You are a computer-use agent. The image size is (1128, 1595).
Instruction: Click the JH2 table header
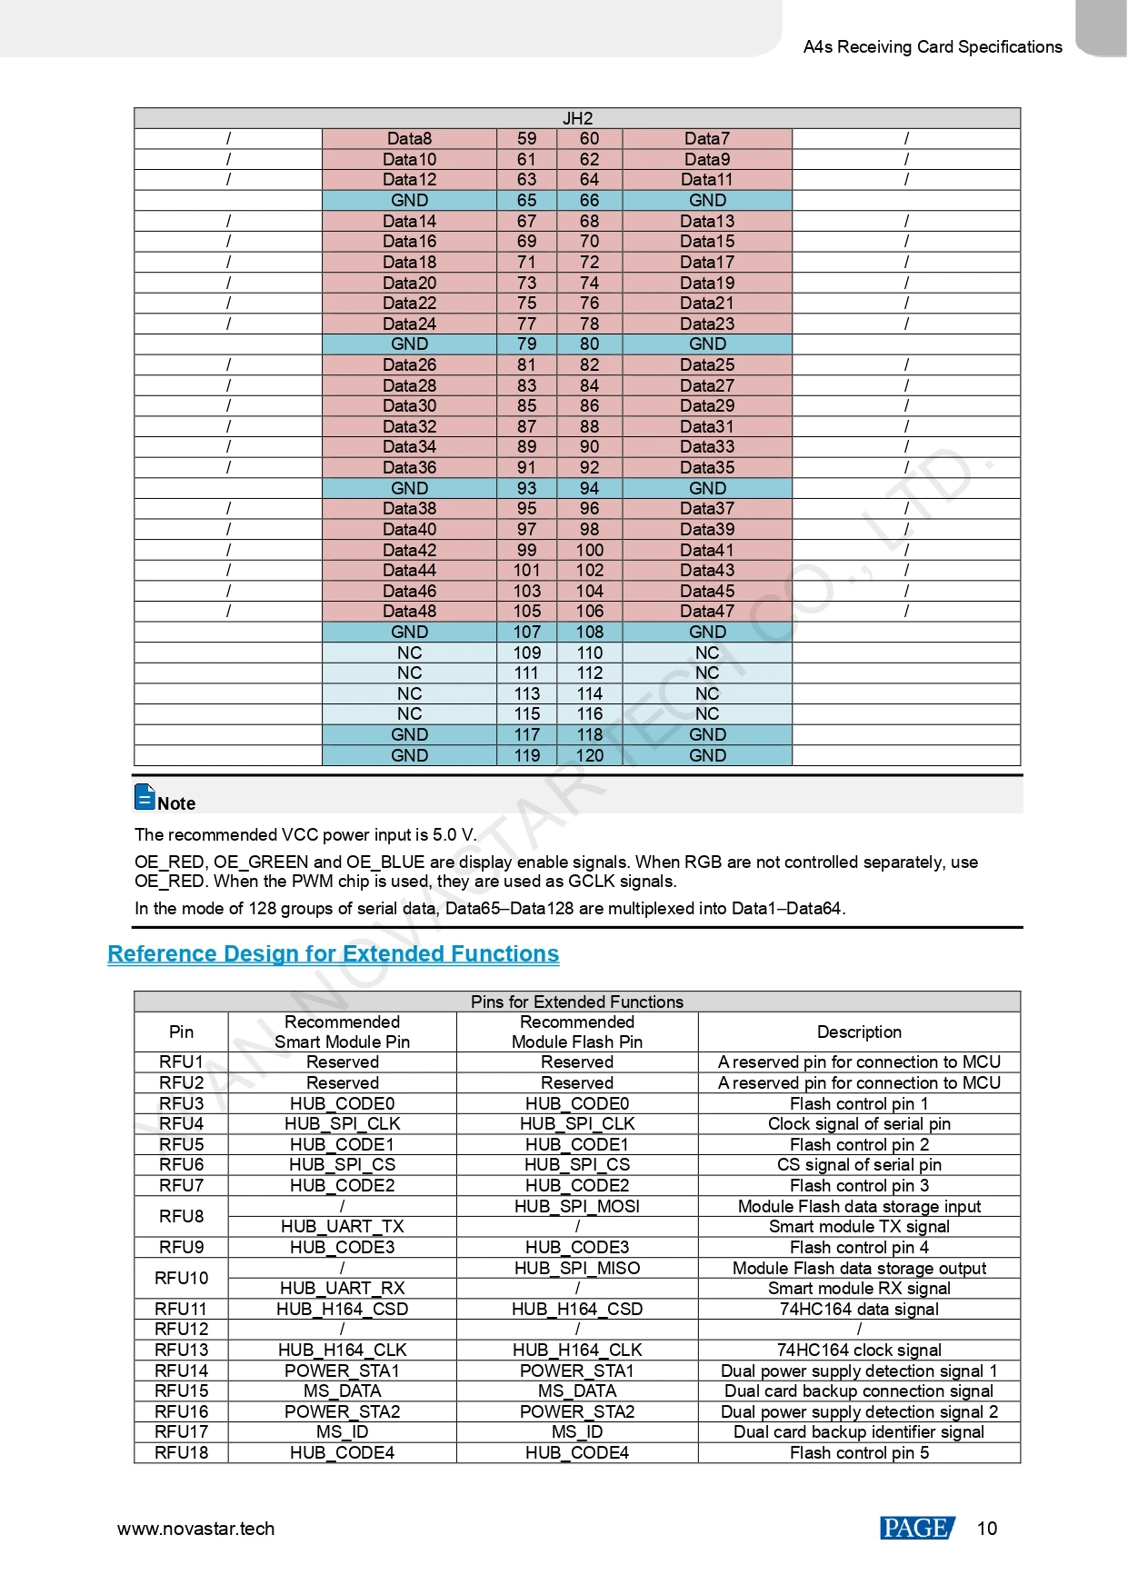click(x=577, y=118)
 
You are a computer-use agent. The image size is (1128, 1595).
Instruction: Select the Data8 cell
click(x=409, y=139)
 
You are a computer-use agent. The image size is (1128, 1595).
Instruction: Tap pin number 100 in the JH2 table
click(x=589, y=550)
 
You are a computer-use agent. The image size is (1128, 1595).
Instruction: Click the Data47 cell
click(x=707, y=612)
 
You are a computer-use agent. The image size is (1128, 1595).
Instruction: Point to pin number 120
click(x=589, y=755)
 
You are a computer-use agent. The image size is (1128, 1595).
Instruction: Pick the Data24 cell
click(x=409, y=324)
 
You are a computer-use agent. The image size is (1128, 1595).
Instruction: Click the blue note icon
click(x=145, y=797)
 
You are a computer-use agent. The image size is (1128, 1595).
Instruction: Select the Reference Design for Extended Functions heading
click(x=333, y=954)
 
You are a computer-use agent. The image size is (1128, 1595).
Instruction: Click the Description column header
click(x=859, y=1032)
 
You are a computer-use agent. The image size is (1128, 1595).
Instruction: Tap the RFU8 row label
click(x=181, y=1217)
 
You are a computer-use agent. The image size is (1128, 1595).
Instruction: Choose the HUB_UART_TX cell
click(x=342, y=1227)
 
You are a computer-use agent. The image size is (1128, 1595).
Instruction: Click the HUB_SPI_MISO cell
click(x=577, y=1269)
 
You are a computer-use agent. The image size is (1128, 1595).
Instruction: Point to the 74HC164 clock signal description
click(x=859, y=1351)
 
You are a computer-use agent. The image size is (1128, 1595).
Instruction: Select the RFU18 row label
click(x=181, y=1453)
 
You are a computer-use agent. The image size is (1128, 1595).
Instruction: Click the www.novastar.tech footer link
click(x=195, y=1529)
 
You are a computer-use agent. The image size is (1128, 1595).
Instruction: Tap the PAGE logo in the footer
click(x=916, y=1529)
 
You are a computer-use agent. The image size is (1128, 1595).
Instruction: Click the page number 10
click(x=987, y=1529)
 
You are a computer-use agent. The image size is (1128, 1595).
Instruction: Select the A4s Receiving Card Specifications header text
click(x=933, y=47)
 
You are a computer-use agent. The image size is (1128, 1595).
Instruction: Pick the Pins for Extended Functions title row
click(x=577, y=1002)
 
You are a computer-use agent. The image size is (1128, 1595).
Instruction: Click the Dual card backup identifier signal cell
click(x=859, y=1432)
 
